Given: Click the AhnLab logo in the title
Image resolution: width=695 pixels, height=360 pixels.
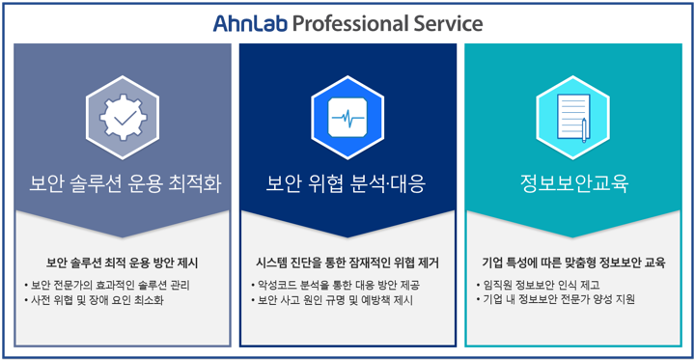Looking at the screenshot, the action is point(250,23).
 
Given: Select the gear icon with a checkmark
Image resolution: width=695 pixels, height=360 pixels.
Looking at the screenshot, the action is point(123,118).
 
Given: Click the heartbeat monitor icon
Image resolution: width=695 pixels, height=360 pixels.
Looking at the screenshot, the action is point(347,118).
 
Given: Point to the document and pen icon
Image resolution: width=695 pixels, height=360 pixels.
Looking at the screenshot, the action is point(574,118).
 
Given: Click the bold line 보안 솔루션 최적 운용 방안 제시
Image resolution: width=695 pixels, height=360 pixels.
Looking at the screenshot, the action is point(123,263).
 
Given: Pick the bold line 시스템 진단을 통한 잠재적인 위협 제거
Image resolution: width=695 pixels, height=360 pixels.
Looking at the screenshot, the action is point(347,263).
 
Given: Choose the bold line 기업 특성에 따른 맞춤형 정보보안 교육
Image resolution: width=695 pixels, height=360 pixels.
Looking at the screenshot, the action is point(573,263).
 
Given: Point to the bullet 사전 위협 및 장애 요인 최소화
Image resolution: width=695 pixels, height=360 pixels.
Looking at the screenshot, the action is point(95,300).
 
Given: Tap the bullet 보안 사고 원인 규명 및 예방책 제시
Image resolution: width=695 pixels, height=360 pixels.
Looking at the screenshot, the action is point(332,300).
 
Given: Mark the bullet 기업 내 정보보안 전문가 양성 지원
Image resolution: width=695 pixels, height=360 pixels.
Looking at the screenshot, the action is point(555,300).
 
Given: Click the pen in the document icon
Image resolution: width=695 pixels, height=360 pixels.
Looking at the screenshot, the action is point(585,130).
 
